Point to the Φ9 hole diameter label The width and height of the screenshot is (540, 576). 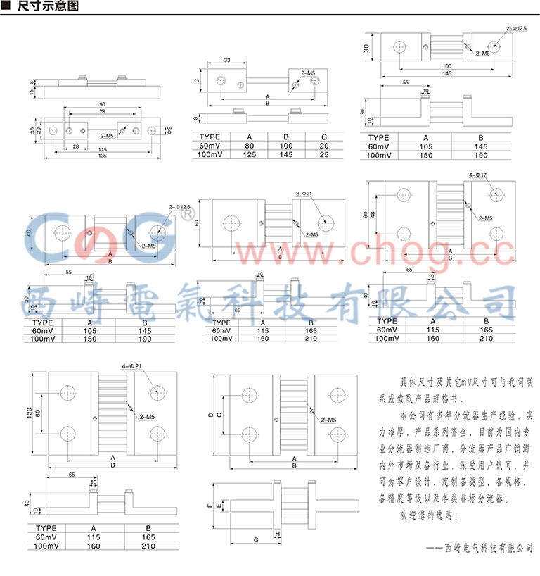(167, 130)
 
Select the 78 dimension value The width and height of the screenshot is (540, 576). (103, 111)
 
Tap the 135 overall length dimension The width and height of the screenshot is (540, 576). (103, 156)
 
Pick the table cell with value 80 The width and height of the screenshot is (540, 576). (249, 145)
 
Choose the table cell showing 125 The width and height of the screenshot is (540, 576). (249, 154)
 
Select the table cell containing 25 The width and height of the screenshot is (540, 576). (323, 154)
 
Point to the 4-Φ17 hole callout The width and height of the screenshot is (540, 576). (478, 173)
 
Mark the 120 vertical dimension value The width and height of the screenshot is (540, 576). (31, 413)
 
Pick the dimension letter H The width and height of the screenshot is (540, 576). (278, 534)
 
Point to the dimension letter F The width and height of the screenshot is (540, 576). (209, 505)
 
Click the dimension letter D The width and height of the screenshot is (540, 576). (210, 415)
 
